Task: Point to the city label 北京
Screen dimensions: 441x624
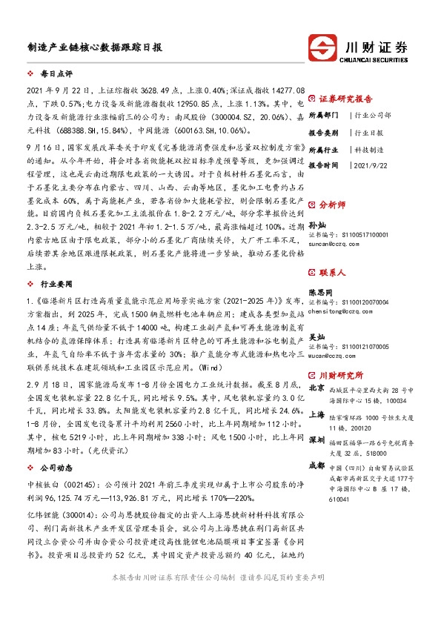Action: (x=316, y=387)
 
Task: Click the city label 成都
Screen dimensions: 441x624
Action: (x=316, y=465)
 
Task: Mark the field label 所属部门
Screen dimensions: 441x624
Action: (x=323, y=116)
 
